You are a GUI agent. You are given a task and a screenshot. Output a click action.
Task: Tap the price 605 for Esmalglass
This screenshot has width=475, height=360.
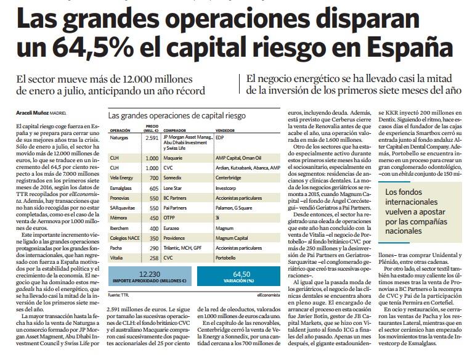pos(154,186)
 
